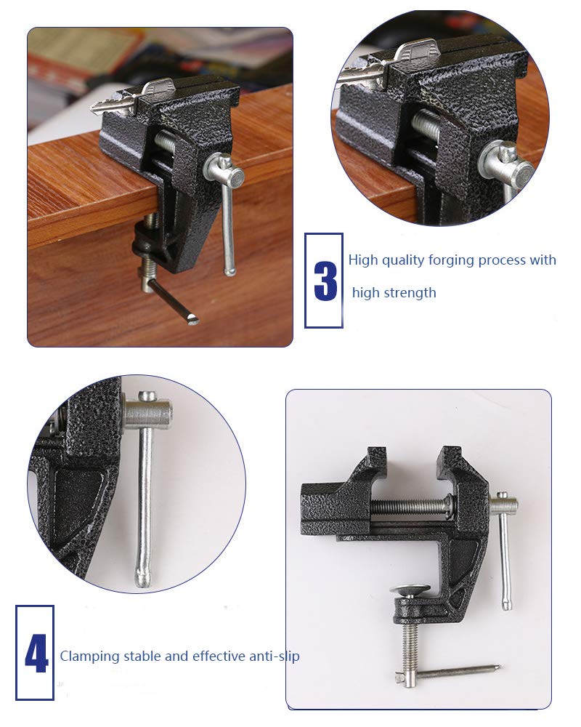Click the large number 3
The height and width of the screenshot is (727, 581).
point(325,281)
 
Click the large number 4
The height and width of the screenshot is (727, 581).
point(36,654)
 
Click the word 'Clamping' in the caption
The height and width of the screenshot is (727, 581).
point(89,656)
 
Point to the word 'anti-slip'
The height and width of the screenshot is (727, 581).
point(273,656)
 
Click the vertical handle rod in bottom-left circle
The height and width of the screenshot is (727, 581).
point(146,494)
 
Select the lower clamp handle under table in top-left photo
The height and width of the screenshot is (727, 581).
point(171,298)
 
